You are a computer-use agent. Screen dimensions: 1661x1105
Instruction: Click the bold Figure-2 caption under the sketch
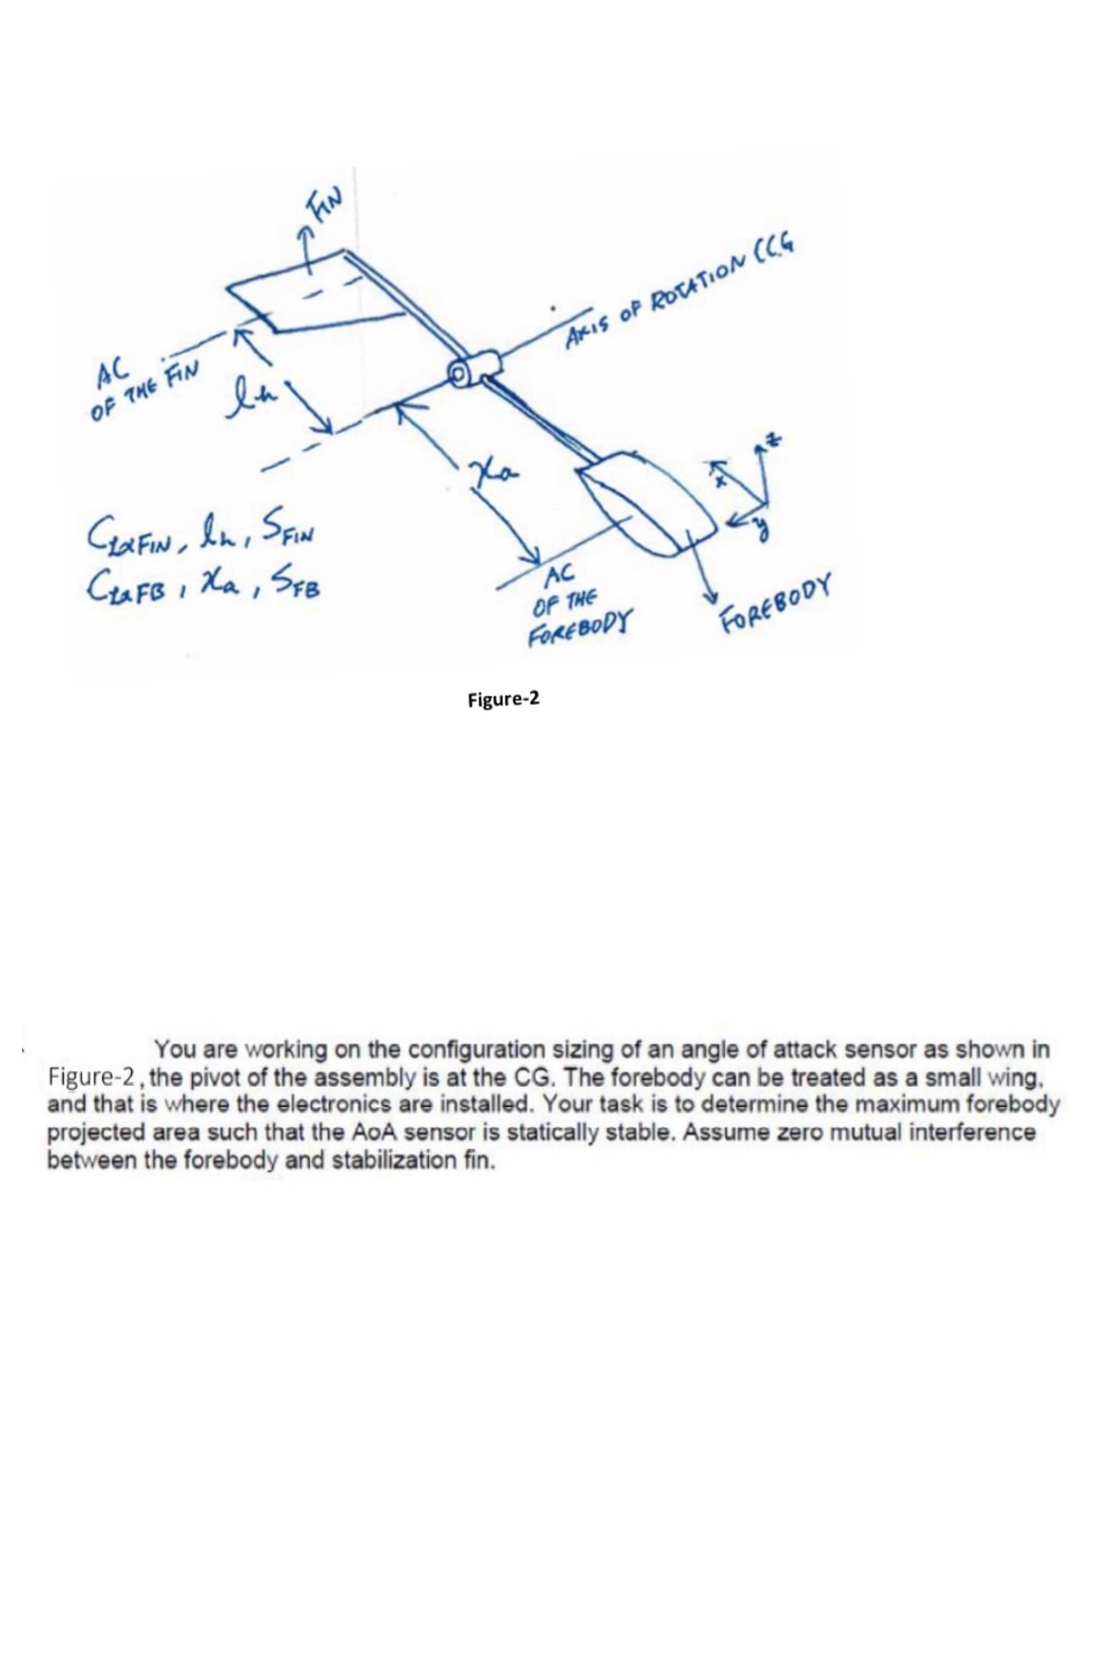[x=503, y=699]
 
